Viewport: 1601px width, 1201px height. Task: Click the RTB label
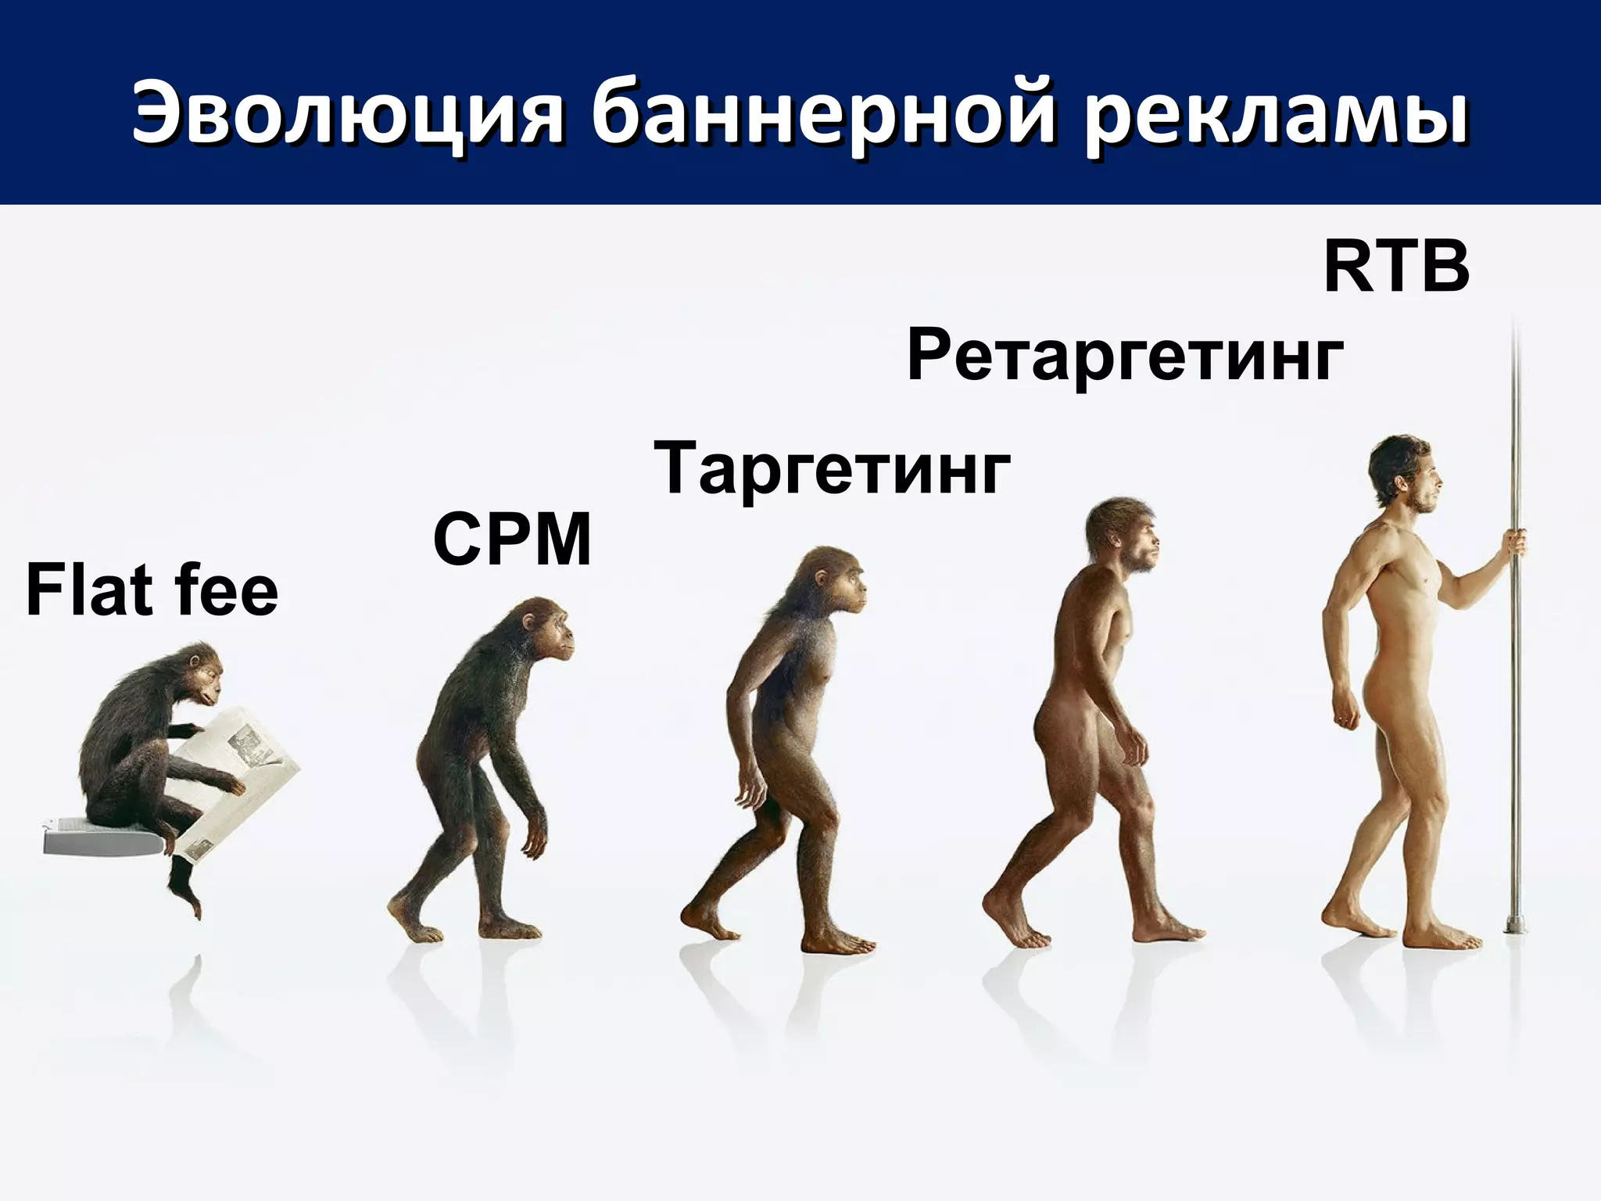pyautogui.click(x=1396, y=268)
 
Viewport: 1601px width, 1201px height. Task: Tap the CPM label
pyautogui.click(x=513, y=540)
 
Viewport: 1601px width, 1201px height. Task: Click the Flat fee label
pyautogui.click(x=152, y=591)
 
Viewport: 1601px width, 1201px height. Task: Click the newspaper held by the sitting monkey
pyautogui.click(x=235, y=774)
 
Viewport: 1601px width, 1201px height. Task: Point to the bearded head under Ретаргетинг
pyautogui.click(x=1126, y=536)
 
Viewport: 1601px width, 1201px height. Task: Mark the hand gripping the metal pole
pyautogui.click(x=1515, y=542)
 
